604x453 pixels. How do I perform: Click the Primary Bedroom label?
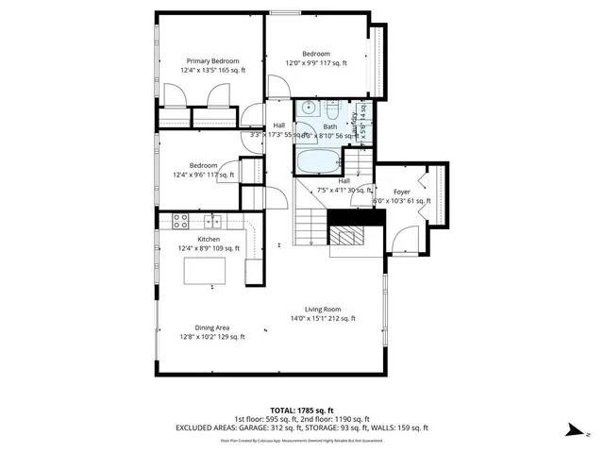click(x=212, y=61)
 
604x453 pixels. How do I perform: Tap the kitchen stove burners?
click(x=179, y=222)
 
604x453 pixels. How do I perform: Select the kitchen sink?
click(x=212, y=222)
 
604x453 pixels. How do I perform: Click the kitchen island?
click(x=206, y=272)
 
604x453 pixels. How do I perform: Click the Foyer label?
click(x=401, y=192)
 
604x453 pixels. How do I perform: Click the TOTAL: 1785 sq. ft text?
click(x=301, y=409)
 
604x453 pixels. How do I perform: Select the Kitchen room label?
click(x=209, y=240)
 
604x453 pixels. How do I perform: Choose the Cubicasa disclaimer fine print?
click(x=301, y=440)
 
